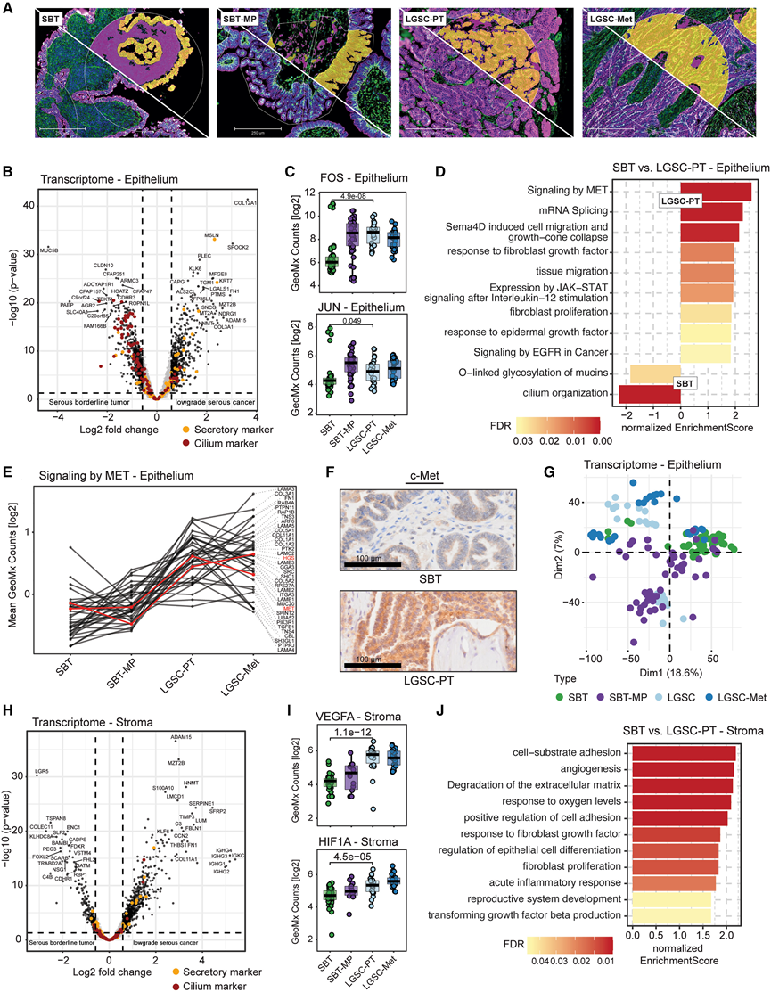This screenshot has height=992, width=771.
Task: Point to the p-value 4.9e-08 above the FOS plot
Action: (x=357, y=197)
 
